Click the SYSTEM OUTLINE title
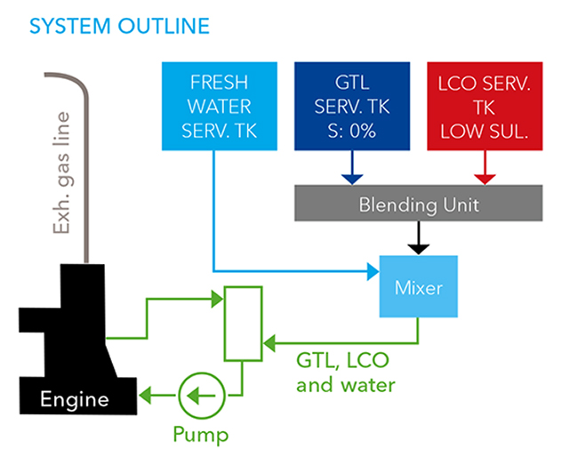click(x=119, y=25)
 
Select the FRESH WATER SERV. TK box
click(x=213, y=106)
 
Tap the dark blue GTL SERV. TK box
click(x=352, y=106)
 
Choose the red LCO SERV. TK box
click(x=485, y=106)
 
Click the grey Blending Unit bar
click(x=419, y=205)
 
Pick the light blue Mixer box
click(x=419, y=286)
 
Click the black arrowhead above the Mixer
click(x=419, y=246)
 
